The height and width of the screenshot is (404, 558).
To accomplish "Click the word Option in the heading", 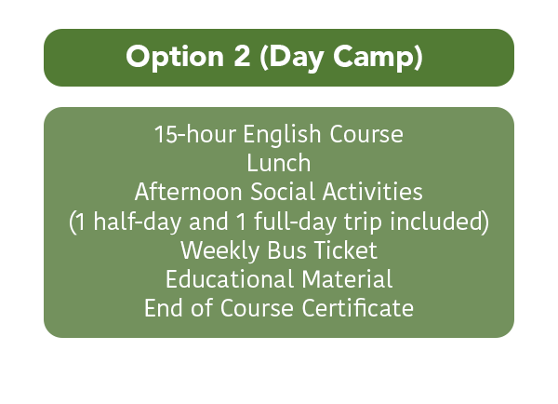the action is point(175,57).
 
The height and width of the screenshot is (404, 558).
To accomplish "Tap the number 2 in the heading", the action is point(242,55).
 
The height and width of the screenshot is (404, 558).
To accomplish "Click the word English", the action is point(282,135).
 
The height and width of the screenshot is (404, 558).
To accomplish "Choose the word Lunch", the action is point(279,163).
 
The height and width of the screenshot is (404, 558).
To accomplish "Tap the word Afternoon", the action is point(189,192).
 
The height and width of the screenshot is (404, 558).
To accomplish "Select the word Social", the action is point(283,192).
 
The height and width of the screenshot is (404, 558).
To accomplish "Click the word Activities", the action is point(373,192).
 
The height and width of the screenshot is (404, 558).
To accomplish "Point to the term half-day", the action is point(138,222).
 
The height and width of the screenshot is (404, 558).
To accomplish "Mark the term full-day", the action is point(295,222).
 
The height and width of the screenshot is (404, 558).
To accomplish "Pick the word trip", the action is point(363,222).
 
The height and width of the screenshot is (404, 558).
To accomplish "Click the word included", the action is point(437,221).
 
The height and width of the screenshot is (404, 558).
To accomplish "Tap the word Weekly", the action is point(219,250).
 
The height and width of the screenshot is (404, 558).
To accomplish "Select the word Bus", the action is point(286,250).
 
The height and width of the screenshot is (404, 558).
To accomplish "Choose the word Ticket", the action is point(346,250).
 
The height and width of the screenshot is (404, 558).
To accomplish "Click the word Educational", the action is point(230,279).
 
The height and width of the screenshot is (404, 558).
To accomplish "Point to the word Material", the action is point(347,279).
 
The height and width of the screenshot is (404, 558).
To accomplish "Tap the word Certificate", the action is point(358,308).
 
